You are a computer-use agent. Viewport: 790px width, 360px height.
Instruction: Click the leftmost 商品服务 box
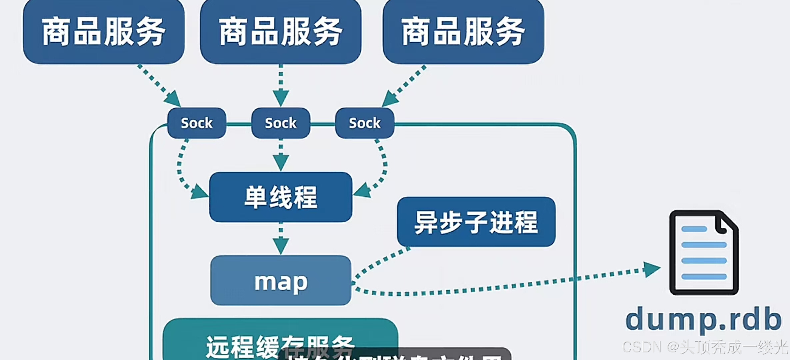pyautogui.click(x=104, y=32)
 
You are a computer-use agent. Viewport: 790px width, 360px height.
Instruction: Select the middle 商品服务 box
pyautogui.click(x=281, y=32)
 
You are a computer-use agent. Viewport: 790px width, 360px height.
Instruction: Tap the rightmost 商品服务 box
pyautogui.click(x=463, y=32)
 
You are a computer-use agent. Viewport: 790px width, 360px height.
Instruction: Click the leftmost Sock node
pyautogui.click(x=197, y=123)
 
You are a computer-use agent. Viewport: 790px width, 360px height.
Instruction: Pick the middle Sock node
pyautogui.click(x=281, y=123)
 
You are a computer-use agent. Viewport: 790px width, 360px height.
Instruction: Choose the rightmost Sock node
pyautogui.click(x=365, y=123)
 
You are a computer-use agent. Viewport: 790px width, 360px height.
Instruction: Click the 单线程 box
pyautogui.click(x=281, y=197)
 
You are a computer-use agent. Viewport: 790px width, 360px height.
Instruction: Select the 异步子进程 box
pyautogui.click(x=476, y=222)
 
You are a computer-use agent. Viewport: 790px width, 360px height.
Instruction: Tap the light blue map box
pyautogui.click(x=281, y=280)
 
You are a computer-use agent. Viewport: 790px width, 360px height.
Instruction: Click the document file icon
pyautogui.click(x=704, y=253)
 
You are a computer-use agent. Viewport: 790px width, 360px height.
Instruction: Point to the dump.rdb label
pyautogui.click(x=703, y=319)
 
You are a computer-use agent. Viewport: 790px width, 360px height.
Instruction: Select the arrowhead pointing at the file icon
pyautogui.click(x=651, y=269)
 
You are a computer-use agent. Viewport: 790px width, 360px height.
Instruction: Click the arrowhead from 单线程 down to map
pyautogui.click(x=281, y=246)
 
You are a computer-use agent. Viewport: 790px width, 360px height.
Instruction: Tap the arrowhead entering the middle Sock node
pyautogui.click(x=281, y=98)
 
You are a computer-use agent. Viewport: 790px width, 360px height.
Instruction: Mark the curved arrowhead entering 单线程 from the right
pyautogui.click(x=362, y=191)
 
